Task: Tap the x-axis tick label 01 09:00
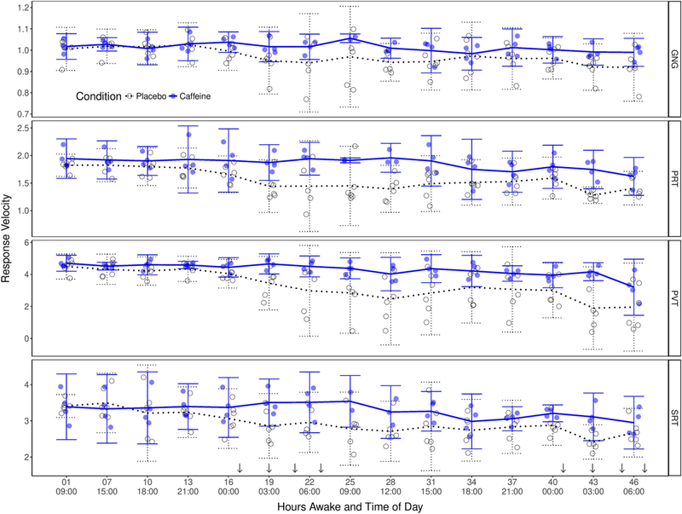(64, 485)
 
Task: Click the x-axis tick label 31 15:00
(430, 485)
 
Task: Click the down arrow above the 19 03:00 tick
(269, 467)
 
